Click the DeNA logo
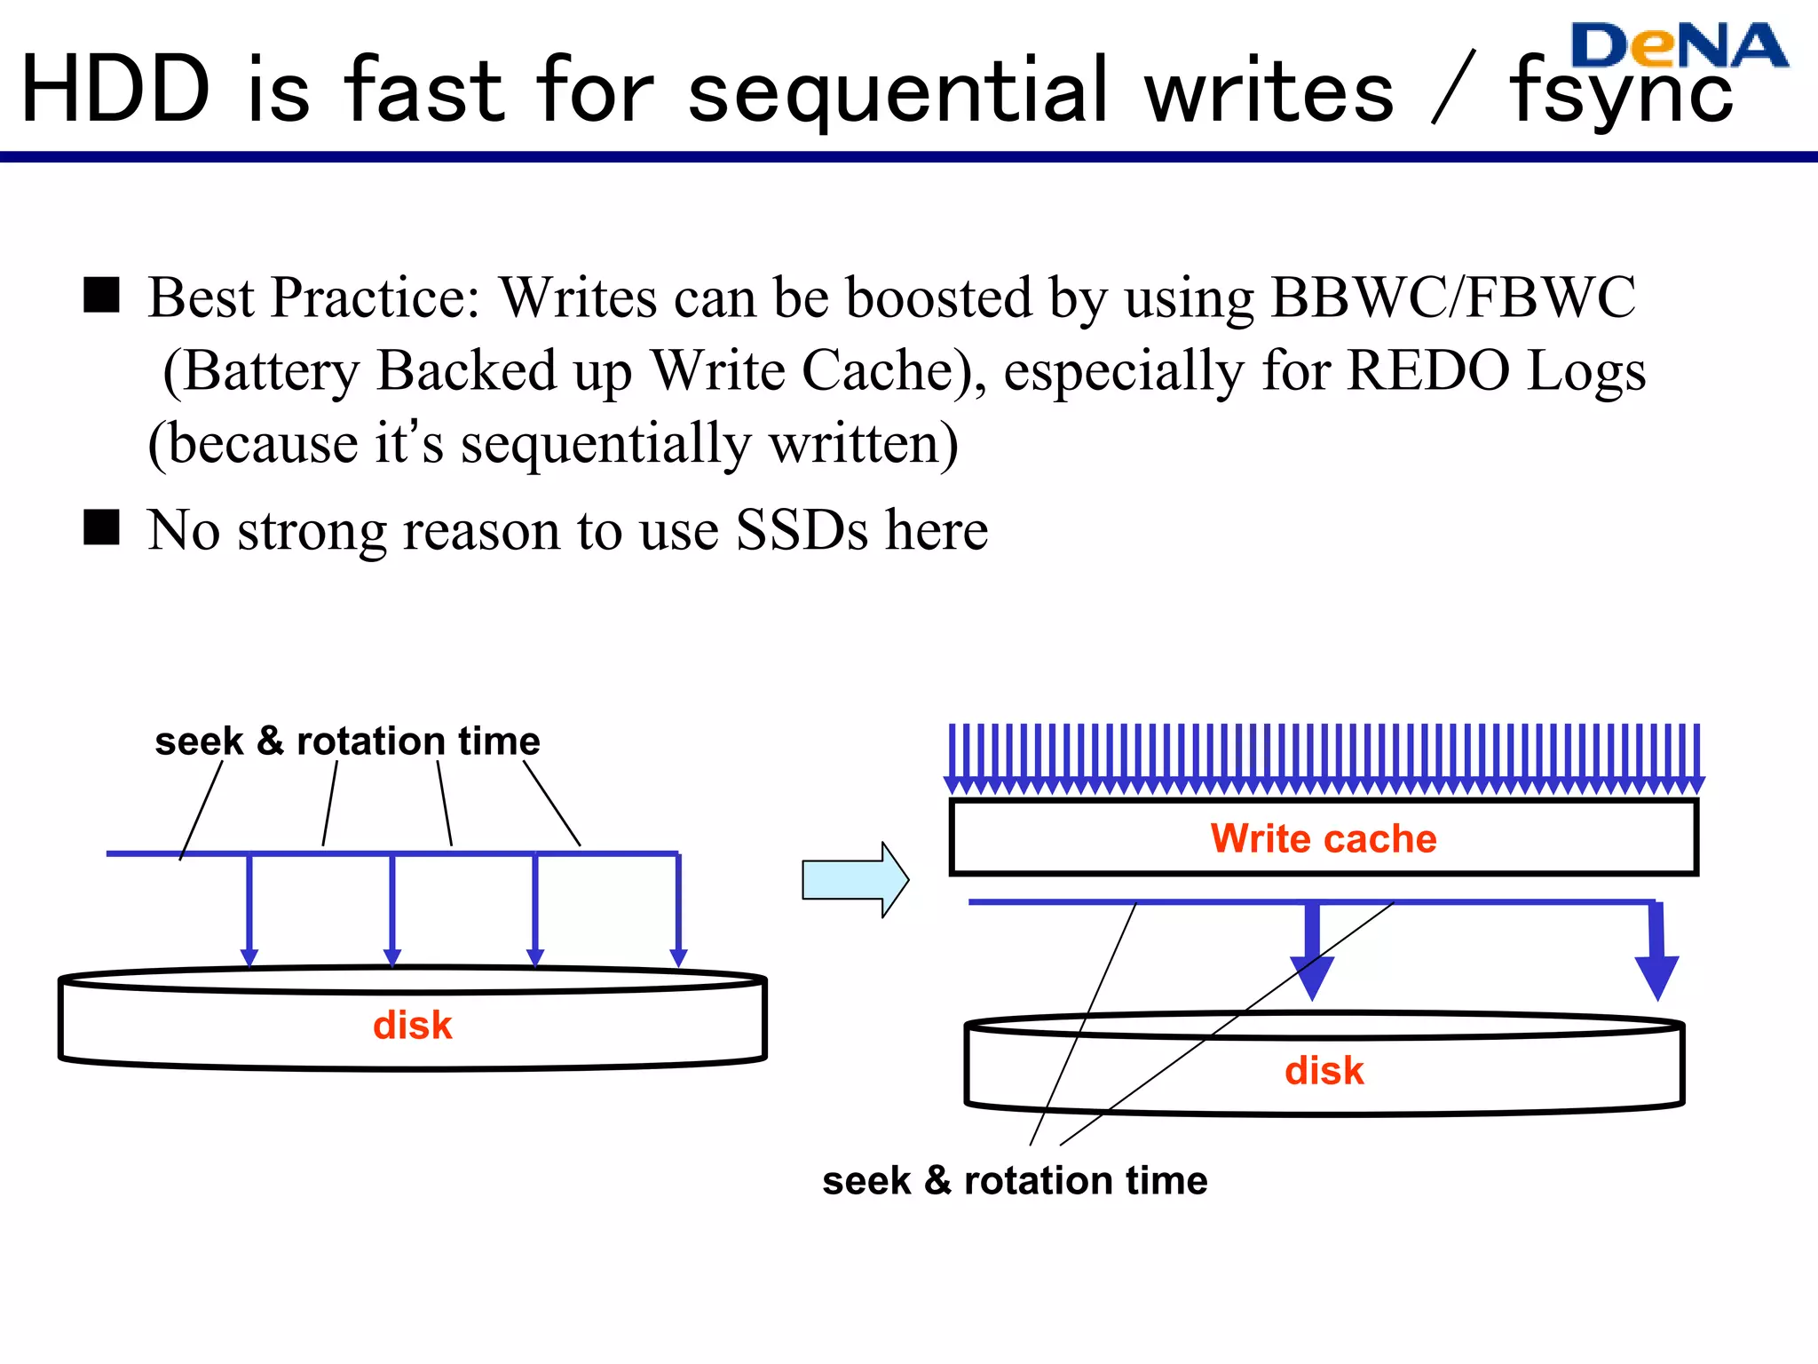(1678, 46)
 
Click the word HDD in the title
(115, 91)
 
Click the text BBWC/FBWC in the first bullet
(1453, 297)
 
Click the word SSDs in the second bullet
(802, 531)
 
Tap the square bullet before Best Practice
(101, 295)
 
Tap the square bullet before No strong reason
(101, 527)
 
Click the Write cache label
(1323, 838)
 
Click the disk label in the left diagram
(412, 1026)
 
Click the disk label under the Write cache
(1324, 1071)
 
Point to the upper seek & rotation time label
(347, 741)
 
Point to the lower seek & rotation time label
(1015, 1181)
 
